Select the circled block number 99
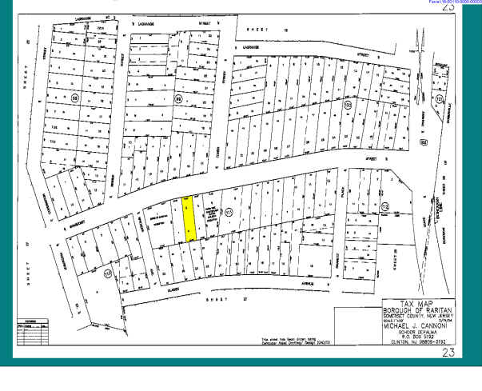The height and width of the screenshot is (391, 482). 179,98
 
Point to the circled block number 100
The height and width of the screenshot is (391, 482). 347,104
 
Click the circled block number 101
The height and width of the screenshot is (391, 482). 438,98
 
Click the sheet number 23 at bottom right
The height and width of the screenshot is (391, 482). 448,352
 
